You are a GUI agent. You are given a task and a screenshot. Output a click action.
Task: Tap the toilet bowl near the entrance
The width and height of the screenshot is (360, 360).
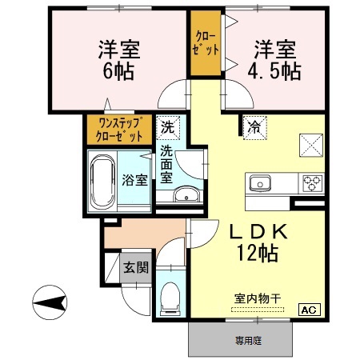pyautogui.click(x=170, y=298)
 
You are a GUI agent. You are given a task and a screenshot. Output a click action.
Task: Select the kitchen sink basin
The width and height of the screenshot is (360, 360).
pyautogui.click(x=260, y=183)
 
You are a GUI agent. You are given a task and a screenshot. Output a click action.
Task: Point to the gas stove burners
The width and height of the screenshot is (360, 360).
pyautogui.click(x=310, y=183)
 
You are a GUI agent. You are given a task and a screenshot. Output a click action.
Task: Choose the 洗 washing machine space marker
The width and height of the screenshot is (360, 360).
pyautogui.click(x=167, y=126)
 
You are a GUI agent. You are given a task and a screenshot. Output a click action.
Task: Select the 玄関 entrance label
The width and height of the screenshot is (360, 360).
pyautogui.click(x=134, y=266)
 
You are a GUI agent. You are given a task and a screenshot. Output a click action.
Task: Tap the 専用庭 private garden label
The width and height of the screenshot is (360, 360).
pyautogui.click(x=249, y=341)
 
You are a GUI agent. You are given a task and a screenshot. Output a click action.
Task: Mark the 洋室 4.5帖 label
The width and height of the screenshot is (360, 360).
pyautogui.click(x=277, y=58)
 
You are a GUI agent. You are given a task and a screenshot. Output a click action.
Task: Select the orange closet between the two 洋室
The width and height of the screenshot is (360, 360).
pyautogui.click(x=205, y=42)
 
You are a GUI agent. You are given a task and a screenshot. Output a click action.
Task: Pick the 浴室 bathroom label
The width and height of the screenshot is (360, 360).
pyautogui.click(x=134, y=180)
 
